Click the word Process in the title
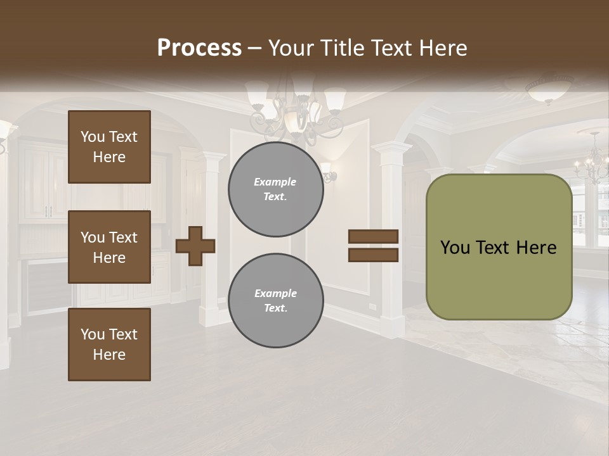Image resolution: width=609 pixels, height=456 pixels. click(x=199, y=48)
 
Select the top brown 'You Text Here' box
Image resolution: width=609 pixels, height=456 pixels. click(x=109, y=147)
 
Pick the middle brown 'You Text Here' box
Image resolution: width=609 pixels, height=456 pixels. click(x=109, y=247)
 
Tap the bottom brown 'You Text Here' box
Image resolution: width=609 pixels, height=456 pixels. click(x=109, y=344)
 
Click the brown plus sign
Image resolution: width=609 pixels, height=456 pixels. click(x=195, y=245)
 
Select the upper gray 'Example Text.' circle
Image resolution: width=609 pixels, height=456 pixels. click(x=275, y=189)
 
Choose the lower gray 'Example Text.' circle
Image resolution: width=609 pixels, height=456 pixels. click(x=275, y=300)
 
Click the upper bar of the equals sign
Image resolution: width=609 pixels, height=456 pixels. click(x=374, y=237)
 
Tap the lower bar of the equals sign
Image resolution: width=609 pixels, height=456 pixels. click(x=374, y=255)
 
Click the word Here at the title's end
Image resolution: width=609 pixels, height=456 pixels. click(x=443, y=48)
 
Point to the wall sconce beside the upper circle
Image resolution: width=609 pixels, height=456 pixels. click(x=327, y=170)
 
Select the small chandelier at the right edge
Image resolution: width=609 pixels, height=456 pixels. click(x=593, y=161)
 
